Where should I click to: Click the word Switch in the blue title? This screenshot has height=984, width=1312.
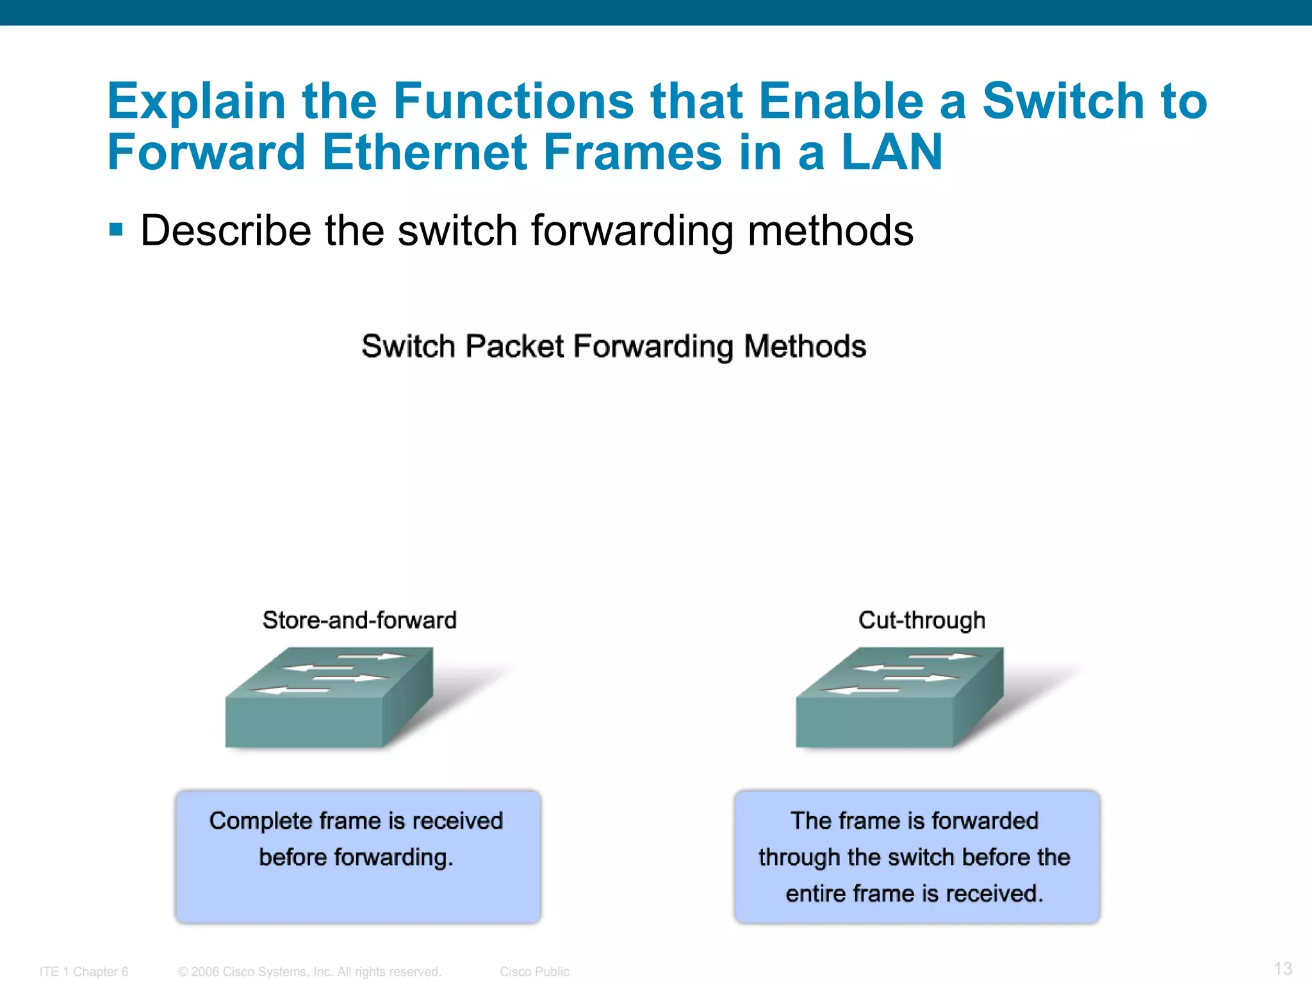click(1063, 101)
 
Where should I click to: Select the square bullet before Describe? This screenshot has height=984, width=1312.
click(116, 229)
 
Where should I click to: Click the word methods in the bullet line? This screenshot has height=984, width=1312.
click(830, 231)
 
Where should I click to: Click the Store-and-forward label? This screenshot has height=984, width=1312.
click(359, 620)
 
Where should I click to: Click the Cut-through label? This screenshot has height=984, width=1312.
click(921, 620)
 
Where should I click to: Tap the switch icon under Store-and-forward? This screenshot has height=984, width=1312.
click(329, 698)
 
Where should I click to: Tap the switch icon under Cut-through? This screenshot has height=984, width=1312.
click(899, 698)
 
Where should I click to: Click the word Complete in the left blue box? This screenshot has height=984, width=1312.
click(261, 821)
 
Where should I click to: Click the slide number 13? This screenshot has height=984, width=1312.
click(1283, 969)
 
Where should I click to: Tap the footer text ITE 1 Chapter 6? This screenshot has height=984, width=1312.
click(84, 972)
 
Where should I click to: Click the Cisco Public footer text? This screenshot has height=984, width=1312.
click(534, 972)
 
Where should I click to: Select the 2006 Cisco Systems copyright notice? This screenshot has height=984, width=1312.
click(309, 972)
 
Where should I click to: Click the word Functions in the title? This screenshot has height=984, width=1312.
click(513, 101)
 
